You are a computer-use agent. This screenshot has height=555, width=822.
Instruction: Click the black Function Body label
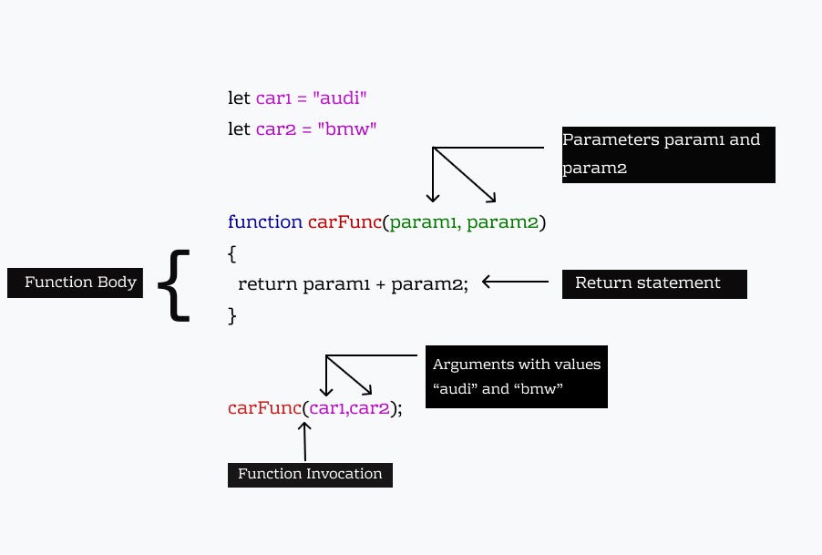(76, 283)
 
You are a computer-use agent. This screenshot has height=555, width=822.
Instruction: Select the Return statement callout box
(654, 283)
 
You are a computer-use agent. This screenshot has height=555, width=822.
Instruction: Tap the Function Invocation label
(310, 474)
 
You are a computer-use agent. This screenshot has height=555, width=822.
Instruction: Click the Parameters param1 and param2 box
(668, 154)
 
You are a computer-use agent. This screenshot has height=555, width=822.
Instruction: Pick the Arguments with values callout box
(516, 376)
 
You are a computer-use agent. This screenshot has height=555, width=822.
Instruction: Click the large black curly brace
(174, 284)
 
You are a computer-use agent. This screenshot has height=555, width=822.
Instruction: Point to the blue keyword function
(265, 221)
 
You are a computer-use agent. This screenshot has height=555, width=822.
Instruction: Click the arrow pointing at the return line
(515, 283)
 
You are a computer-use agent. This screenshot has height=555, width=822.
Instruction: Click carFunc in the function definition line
(344, 221)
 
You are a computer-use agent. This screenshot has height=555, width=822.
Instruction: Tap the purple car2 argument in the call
(370, 407)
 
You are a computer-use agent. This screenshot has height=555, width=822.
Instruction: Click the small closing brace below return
(232, 314)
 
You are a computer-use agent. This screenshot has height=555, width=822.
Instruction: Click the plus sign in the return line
(381, 284)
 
